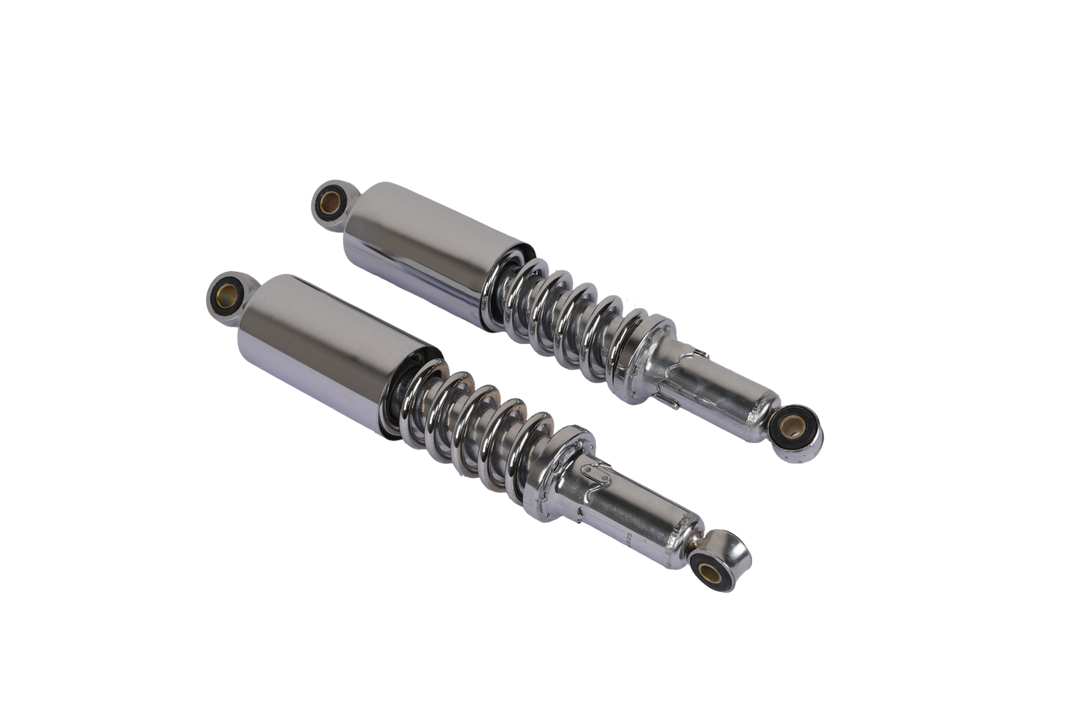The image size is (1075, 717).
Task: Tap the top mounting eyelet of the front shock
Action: pyautogui.click(x=225, y=292)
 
